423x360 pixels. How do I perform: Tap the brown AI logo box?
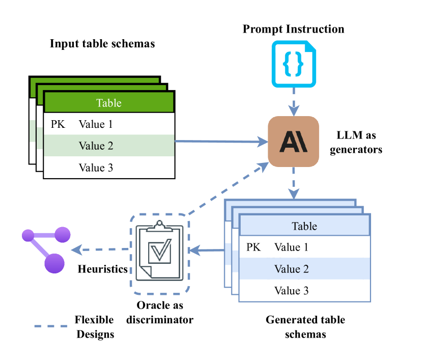click(293, 142)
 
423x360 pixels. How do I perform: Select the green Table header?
click(109, 103)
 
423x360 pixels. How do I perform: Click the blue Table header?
click(304, 226)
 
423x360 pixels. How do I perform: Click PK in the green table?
click(58, 124)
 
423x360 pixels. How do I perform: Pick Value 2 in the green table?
click(96, 146)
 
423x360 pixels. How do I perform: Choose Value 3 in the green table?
click(96, 168)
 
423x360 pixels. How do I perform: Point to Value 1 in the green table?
click(96, 124)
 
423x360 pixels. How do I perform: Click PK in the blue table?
click(253, 247)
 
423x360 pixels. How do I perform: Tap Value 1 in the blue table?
click(291, 247)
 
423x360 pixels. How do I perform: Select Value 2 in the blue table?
click(291, 269)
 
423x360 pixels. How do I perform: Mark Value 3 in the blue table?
click(291, 291)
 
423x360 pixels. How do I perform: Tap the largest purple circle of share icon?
click(54, 263)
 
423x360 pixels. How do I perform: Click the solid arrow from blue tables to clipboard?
click(206, 250)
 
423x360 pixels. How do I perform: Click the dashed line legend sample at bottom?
click(51, 326)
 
